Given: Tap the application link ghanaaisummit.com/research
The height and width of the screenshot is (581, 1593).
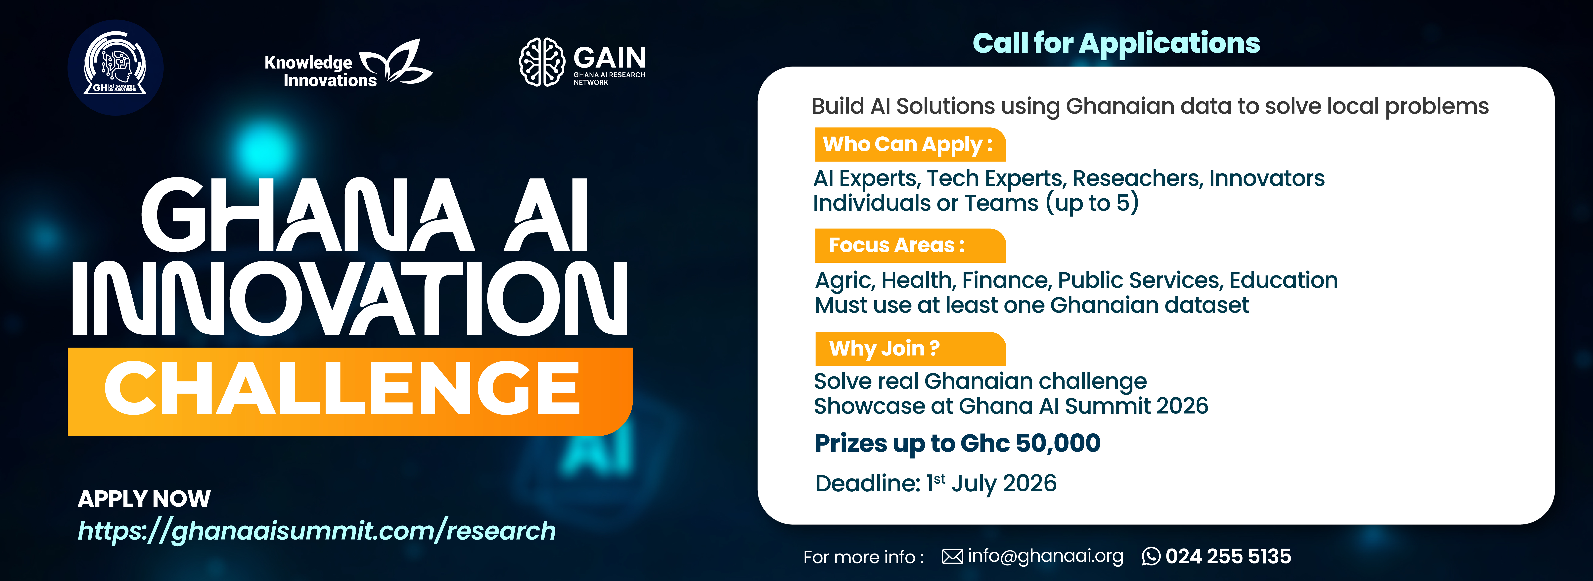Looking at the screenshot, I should point(317,531).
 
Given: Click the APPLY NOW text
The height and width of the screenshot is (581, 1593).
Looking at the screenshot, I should point(144,499).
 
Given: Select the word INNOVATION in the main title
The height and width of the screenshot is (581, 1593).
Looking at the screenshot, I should point(349,298).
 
